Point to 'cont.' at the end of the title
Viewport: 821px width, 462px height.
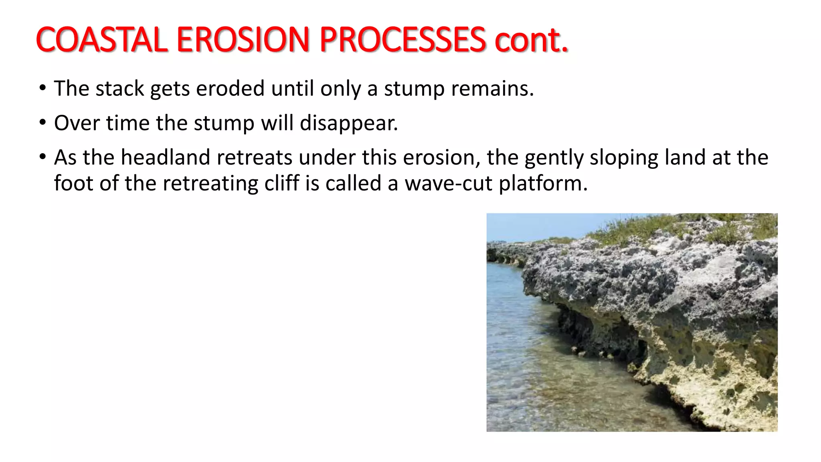pos(531,40)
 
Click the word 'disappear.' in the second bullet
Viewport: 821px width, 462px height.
pos(349,123)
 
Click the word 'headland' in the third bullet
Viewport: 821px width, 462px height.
pos(165,157)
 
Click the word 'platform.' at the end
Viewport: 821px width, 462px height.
pos(543,184)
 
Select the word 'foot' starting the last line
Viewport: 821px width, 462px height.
pos(73,183)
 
